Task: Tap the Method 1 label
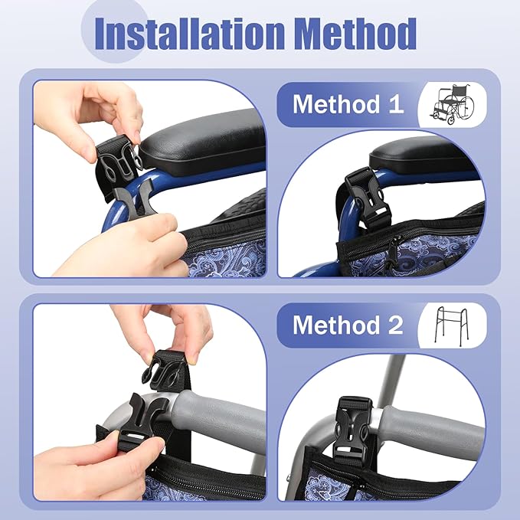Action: pos(348,104)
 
